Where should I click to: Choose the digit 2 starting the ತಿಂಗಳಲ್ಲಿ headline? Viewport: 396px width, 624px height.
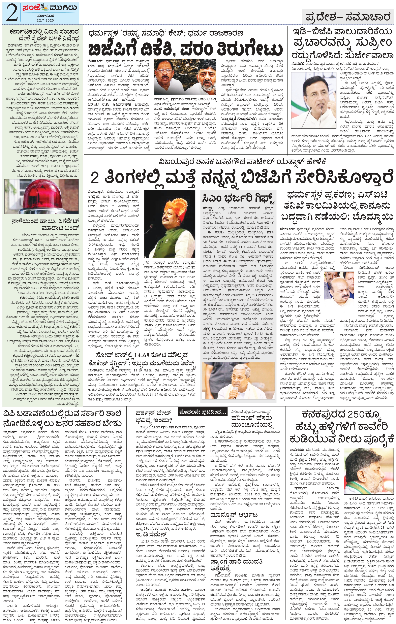(x=95, y=178)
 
